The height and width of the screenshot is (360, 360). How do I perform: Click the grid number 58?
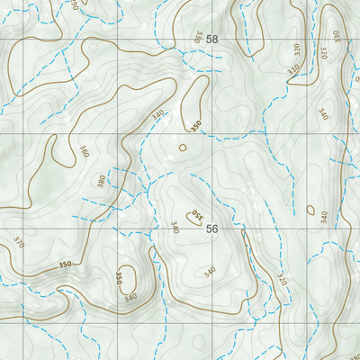[x=212, y=40]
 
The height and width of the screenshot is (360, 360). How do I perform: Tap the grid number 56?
[x=212, y=229]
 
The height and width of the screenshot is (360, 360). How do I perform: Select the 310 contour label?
[x=293, y=69]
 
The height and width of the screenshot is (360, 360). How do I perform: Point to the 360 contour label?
[x=84, y=153]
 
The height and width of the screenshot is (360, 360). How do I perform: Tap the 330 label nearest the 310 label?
[x=336, y=37]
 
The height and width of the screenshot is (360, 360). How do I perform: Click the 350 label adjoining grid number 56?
[x=194, y=216]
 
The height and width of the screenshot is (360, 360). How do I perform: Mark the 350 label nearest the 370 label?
[x=64, y=265]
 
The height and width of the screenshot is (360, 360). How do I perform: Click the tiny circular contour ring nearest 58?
[x=183, y=147]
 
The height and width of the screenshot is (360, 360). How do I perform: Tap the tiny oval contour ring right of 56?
[x=310, y=211]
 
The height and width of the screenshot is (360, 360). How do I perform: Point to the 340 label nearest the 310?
[x=322, y=114]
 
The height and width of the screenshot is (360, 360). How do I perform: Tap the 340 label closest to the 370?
[x=130, y=297]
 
